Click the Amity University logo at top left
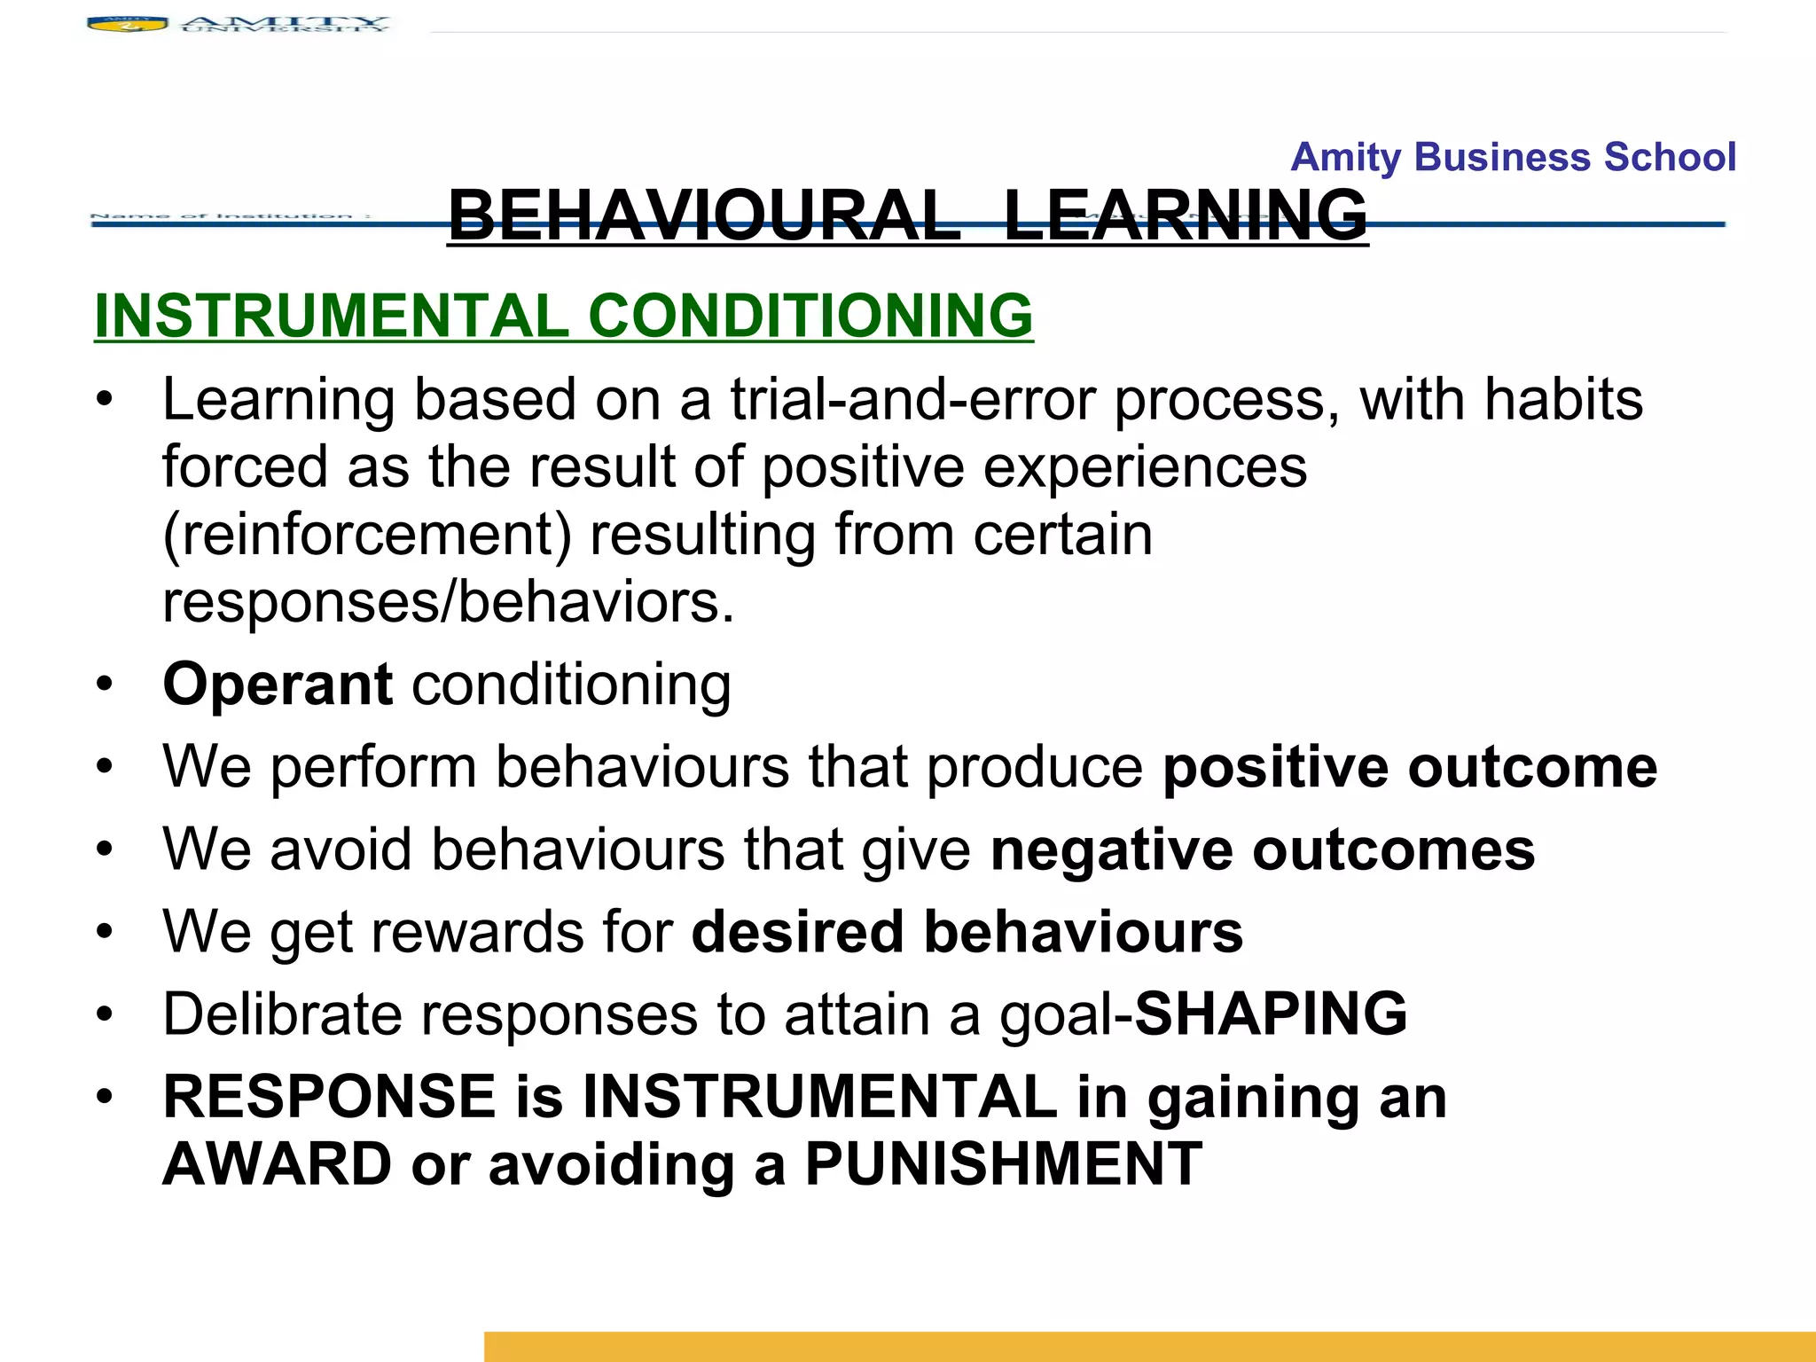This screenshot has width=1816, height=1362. pos(238,24)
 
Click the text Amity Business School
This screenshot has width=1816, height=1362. pos(1513,157)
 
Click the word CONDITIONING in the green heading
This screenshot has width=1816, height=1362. pos(810,316)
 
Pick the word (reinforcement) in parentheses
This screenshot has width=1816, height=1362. pos(367,535)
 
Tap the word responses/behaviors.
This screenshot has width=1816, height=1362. pos(448,602)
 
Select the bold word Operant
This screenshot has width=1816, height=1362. pos(278,685)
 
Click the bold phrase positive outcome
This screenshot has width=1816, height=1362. pos(1409,766)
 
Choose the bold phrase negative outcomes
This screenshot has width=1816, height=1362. pos(1262,849)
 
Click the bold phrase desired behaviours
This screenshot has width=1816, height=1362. pos(967,931)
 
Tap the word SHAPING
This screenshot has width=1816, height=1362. pos(1271,1014)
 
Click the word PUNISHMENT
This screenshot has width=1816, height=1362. pos(1003,1163)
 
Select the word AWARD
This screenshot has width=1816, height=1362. pos(278,1163)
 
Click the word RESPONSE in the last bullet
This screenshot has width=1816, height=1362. pos(329,1096)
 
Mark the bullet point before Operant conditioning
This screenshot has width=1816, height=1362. pos(106,685)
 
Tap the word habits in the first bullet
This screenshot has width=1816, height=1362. pos(1563,399)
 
